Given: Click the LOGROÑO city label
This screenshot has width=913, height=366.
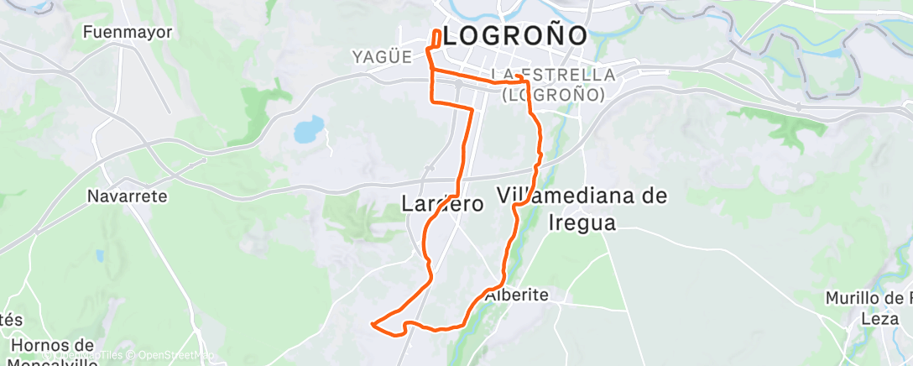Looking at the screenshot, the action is click(514, 35).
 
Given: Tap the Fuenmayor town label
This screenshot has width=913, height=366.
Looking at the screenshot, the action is click(128, 33).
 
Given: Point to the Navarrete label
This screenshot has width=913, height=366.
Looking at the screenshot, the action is click(128, 196).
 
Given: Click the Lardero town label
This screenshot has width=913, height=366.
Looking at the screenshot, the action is click(442, 204).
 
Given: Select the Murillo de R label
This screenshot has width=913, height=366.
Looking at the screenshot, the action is click(868, 298).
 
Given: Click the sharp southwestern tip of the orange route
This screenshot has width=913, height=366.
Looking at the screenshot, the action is click(372, 322).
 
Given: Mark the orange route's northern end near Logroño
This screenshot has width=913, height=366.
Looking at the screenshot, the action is click(437, 34).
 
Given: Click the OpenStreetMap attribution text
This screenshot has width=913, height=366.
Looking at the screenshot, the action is click(175, 355).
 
